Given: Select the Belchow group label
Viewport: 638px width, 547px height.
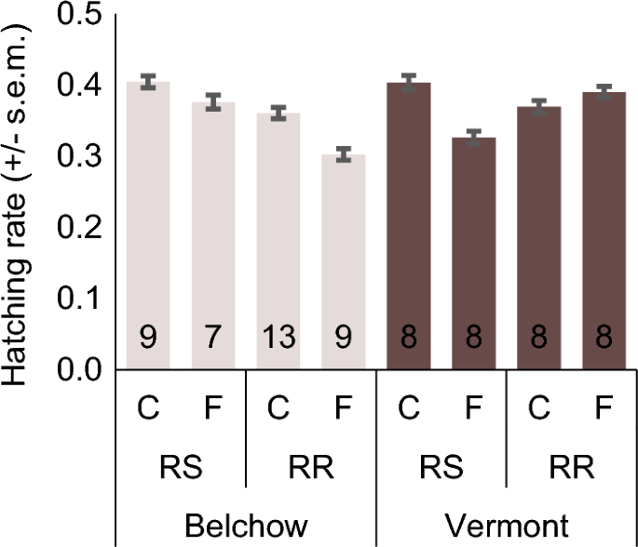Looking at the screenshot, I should click(x=245, y=527).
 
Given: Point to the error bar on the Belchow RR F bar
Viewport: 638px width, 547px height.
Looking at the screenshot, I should click(x=345, y=154).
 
